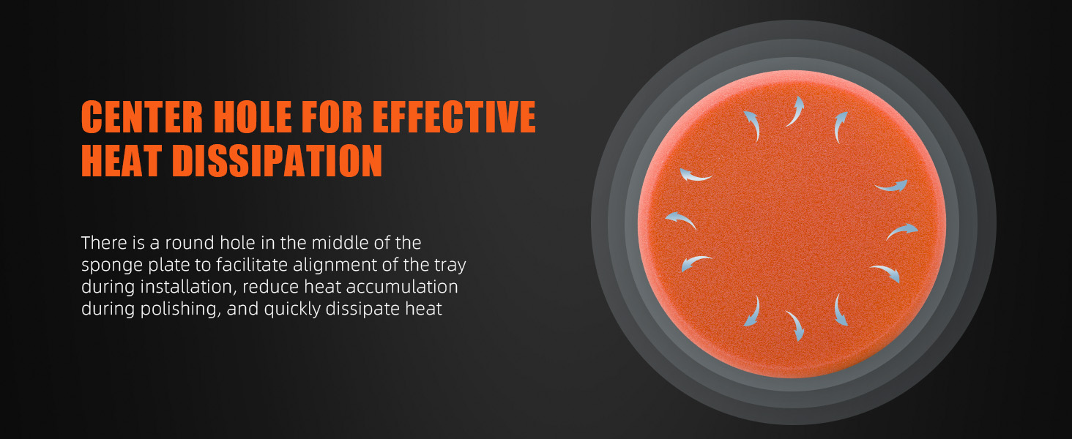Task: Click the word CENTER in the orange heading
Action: pos(142,116)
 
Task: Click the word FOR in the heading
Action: pos(331,116)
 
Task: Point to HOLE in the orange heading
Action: pos(252,116)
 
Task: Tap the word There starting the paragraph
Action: pos(105,243)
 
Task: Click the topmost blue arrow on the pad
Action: pos(795,111)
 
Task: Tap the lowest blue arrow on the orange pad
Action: pos(795,326)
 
